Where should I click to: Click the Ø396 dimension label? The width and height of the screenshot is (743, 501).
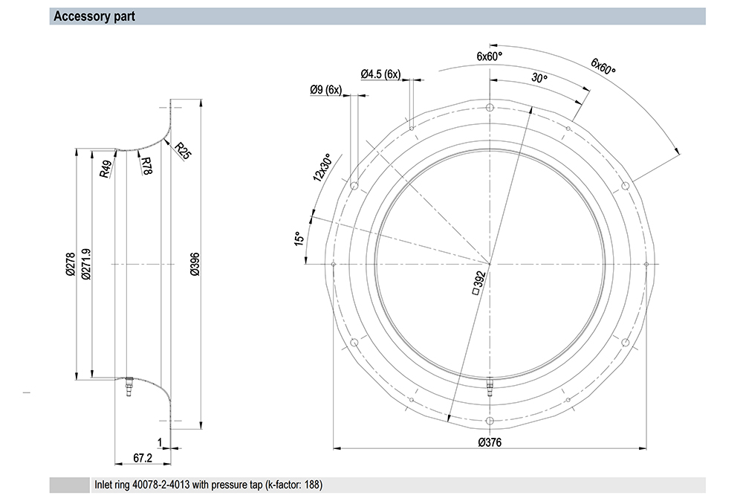tap(195, 265)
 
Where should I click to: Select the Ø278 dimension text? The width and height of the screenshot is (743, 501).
tap(70, 265)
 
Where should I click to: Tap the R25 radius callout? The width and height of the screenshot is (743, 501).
tap(183, 151)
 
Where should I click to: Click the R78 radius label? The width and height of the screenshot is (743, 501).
tap(146, 164)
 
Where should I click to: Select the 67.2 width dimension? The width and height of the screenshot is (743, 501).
tap(143, 458)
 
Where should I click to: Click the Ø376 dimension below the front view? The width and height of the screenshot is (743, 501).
tap(490, 442)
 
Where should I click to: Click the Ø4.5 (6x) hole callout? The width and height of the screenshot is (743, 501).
tap(380, 74)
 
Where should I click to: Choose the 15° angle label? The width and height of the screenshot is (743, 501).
tap(299, 239)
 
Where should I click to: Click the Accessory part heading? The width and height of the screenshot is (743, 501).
tap(94, 16)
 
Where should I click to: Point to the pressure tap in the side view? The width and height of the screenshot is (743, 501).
tap(128, 387)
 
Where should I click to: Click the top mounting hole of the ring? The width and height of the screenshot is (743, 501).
tap(490, 109)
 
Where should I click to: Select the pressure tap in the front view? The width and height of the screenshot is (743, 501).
tap(490, 387)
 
